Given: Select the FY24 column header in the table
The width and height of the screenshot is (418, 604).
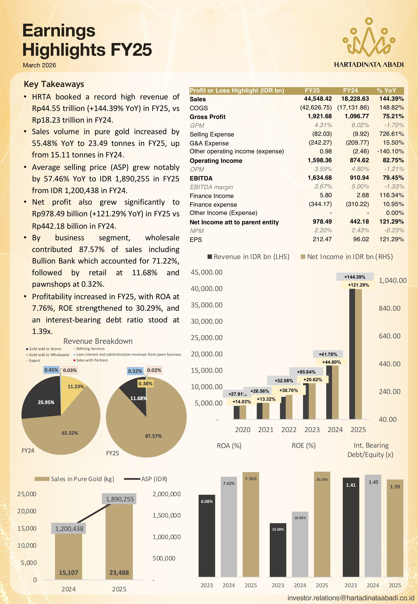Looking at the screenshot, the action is (x=350, y=91).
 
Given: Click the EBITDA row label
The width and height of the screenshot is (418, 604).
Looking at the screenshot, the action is (x=201, y=178).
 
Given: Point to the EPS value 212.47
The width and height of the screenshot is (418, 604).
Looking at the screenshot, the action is (x=322, y=239).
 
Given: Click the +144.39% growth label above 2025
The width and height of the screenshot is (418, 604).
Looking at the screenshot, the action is (x=355, y=277).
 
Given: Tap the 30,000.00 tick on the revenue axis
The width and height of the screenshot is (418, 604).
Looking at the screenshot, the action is (x=207, y=321).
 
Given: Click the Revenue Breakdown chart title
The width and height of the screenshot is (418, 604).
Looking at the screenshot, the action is (x=98, y=341).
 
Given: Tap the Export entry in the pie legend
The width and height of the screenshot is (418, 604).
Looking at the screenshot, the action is (x=33, y=360).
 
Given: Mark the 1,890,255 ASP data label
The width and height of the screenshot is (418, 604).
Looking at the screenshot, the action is (x=120, y=499).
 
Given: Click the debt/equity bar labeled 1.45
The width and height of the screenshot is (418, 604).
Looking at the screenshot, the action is (x=373, y=526).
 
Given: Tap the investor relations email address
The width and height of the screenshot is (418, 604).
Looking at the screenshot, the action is (x=351, y=598).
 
